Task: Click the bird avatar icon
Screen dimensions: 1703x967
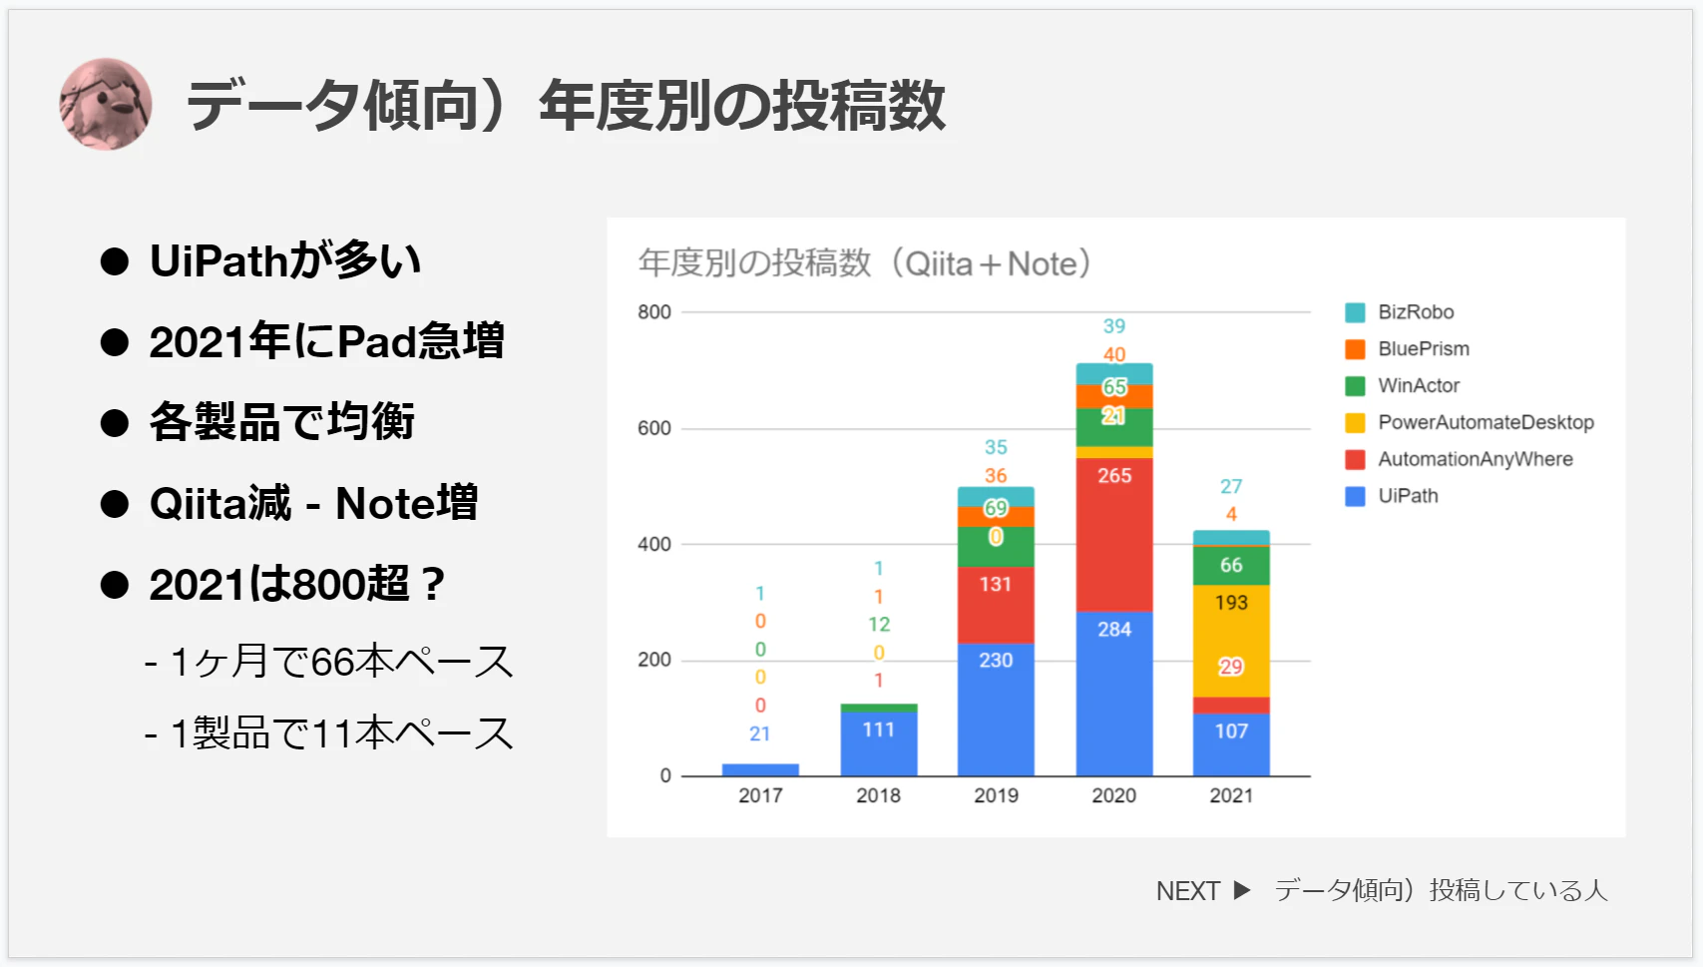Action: [106, 104]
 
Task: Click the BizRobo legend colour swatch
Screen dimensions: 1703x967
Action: [1355, 312]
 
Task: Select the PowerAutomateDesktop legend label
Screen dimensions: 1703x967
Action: [1486, 422]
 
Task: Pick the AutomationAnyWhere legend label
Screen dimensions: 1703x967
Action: [1475, 459]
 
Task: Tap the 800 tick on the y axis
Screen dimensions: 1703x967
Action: [653, 312]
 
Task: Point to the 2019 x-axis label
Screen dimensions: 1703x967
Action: [996, 795]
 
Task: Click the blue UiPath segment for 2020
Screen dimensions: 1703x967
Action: [1113, 695]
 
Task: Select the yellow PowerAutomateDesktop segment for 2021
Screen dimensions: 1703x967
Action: [1231, 641]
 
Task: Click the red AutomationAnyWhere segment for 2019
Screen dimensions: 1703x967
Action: [996, 605]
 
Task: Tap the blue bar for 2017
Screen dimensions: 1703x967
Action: [760, 770]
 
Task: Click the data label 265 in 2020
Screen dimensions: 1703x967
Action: [1114, 476]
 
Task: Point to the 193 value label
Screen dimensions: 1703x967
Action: [1232, 603]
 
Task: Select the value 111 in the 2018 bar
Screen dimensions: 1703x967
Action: [878, 729]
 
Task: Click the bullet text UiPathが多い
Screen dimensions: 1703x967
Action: [285, 260]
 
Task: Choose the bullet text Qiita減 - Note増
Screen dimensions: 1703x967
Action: [314, 503]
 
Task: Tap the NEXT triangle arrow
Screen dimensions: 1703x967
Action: [1241, 889]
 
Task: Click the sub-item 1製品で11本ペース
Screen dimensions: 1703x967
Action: [341, 733]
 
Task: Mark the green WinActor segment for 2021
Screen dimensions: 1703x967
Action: [1231, 566]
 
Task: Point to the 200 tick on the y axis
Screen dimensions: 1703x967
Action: [653, 660]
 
